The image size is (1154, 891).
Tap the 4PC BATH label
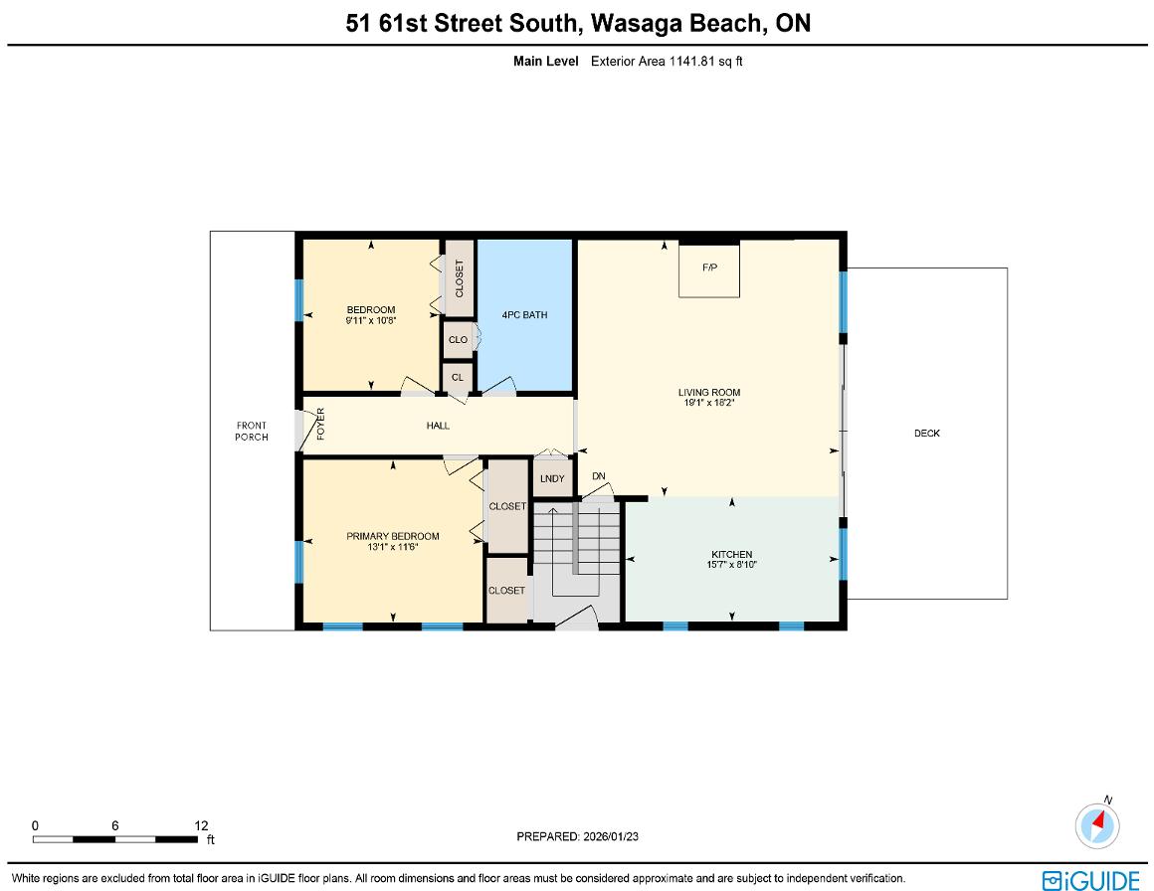[x=524, y=315]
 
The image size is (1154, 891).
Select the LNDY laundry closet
[x=552, y=477]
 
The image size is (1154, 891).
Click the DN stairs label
[x=598, y=476]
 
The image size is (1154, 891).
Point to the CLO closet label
[x=458, y=340]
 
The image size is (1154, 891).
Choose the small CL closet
[x=458, y=378]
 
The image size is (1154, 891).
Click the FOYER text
[x=321, y=424]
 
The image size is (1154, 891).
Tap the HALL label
[x=438, y=426]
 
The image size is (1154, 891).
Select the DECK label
[x=927, y=434]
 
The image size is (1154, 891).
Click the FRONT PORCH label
[x=252, y=432]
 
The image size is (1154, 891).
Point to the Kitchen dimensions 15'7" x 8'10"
[x=731, y=565]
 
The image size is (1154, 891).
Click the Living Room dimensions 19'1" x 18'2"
[x=708, y=403]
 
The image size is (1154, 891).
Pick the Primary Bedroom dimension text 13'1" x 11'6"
[x=393, y=547]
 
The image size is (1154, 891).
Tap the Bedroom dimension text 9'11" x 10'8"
[x=371, y=320]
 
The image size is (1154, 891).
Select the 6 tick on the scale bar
[x=114, y=826]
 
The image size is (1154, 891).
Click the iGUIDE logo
[x=1090, y=880]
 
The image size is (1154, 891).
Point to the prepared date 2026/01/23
[x=611, y=836]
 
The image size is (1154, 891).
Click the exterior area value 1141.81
[x=691, y=61]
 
